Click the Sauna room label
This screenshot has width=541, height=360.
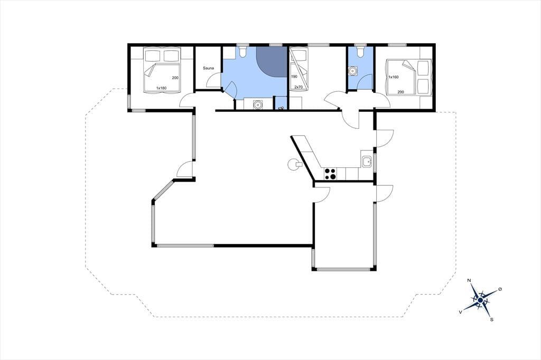click(x=208, y=68)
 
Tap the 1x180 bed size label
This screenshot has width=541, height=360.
click(x=161, y=88)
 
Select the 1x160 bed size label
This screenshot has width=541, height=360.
click(x=393, y=77)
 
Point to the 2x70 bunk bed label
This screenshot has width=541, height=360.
click(x=299, y=87)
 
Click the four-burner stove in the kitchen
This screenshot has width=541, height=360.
click(x=330, y=174)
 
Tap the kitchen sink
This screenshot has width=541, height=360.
click(x=367, y=162)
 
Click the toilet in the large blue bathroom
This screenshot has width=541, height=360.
click(x=242, y=52)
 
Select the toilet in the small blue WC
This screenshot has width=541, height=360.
click(x=360, y=52)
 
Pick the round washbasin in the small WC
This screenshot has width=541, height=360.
click(x=352, y=71)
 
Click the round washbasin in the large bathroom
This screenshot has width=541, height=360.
click(x=258, y=104)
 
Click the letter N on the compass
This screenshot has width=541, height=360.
click(x=469, y=280)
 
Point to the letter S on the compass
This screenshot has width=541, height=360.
click(x=492, y=319)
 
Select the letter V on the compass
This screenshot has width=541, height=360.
click(x=460, y=311)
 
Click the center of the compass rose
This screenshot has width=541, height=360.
click(x=480, y=301)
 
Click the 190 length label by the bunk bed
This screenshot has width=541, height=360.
click(x=294, y=77)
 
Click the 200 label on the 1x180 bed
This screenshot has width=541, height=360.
click(x=175, y=78)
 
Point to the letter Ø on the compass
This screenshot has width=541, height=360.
click(x=500, y=289)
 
